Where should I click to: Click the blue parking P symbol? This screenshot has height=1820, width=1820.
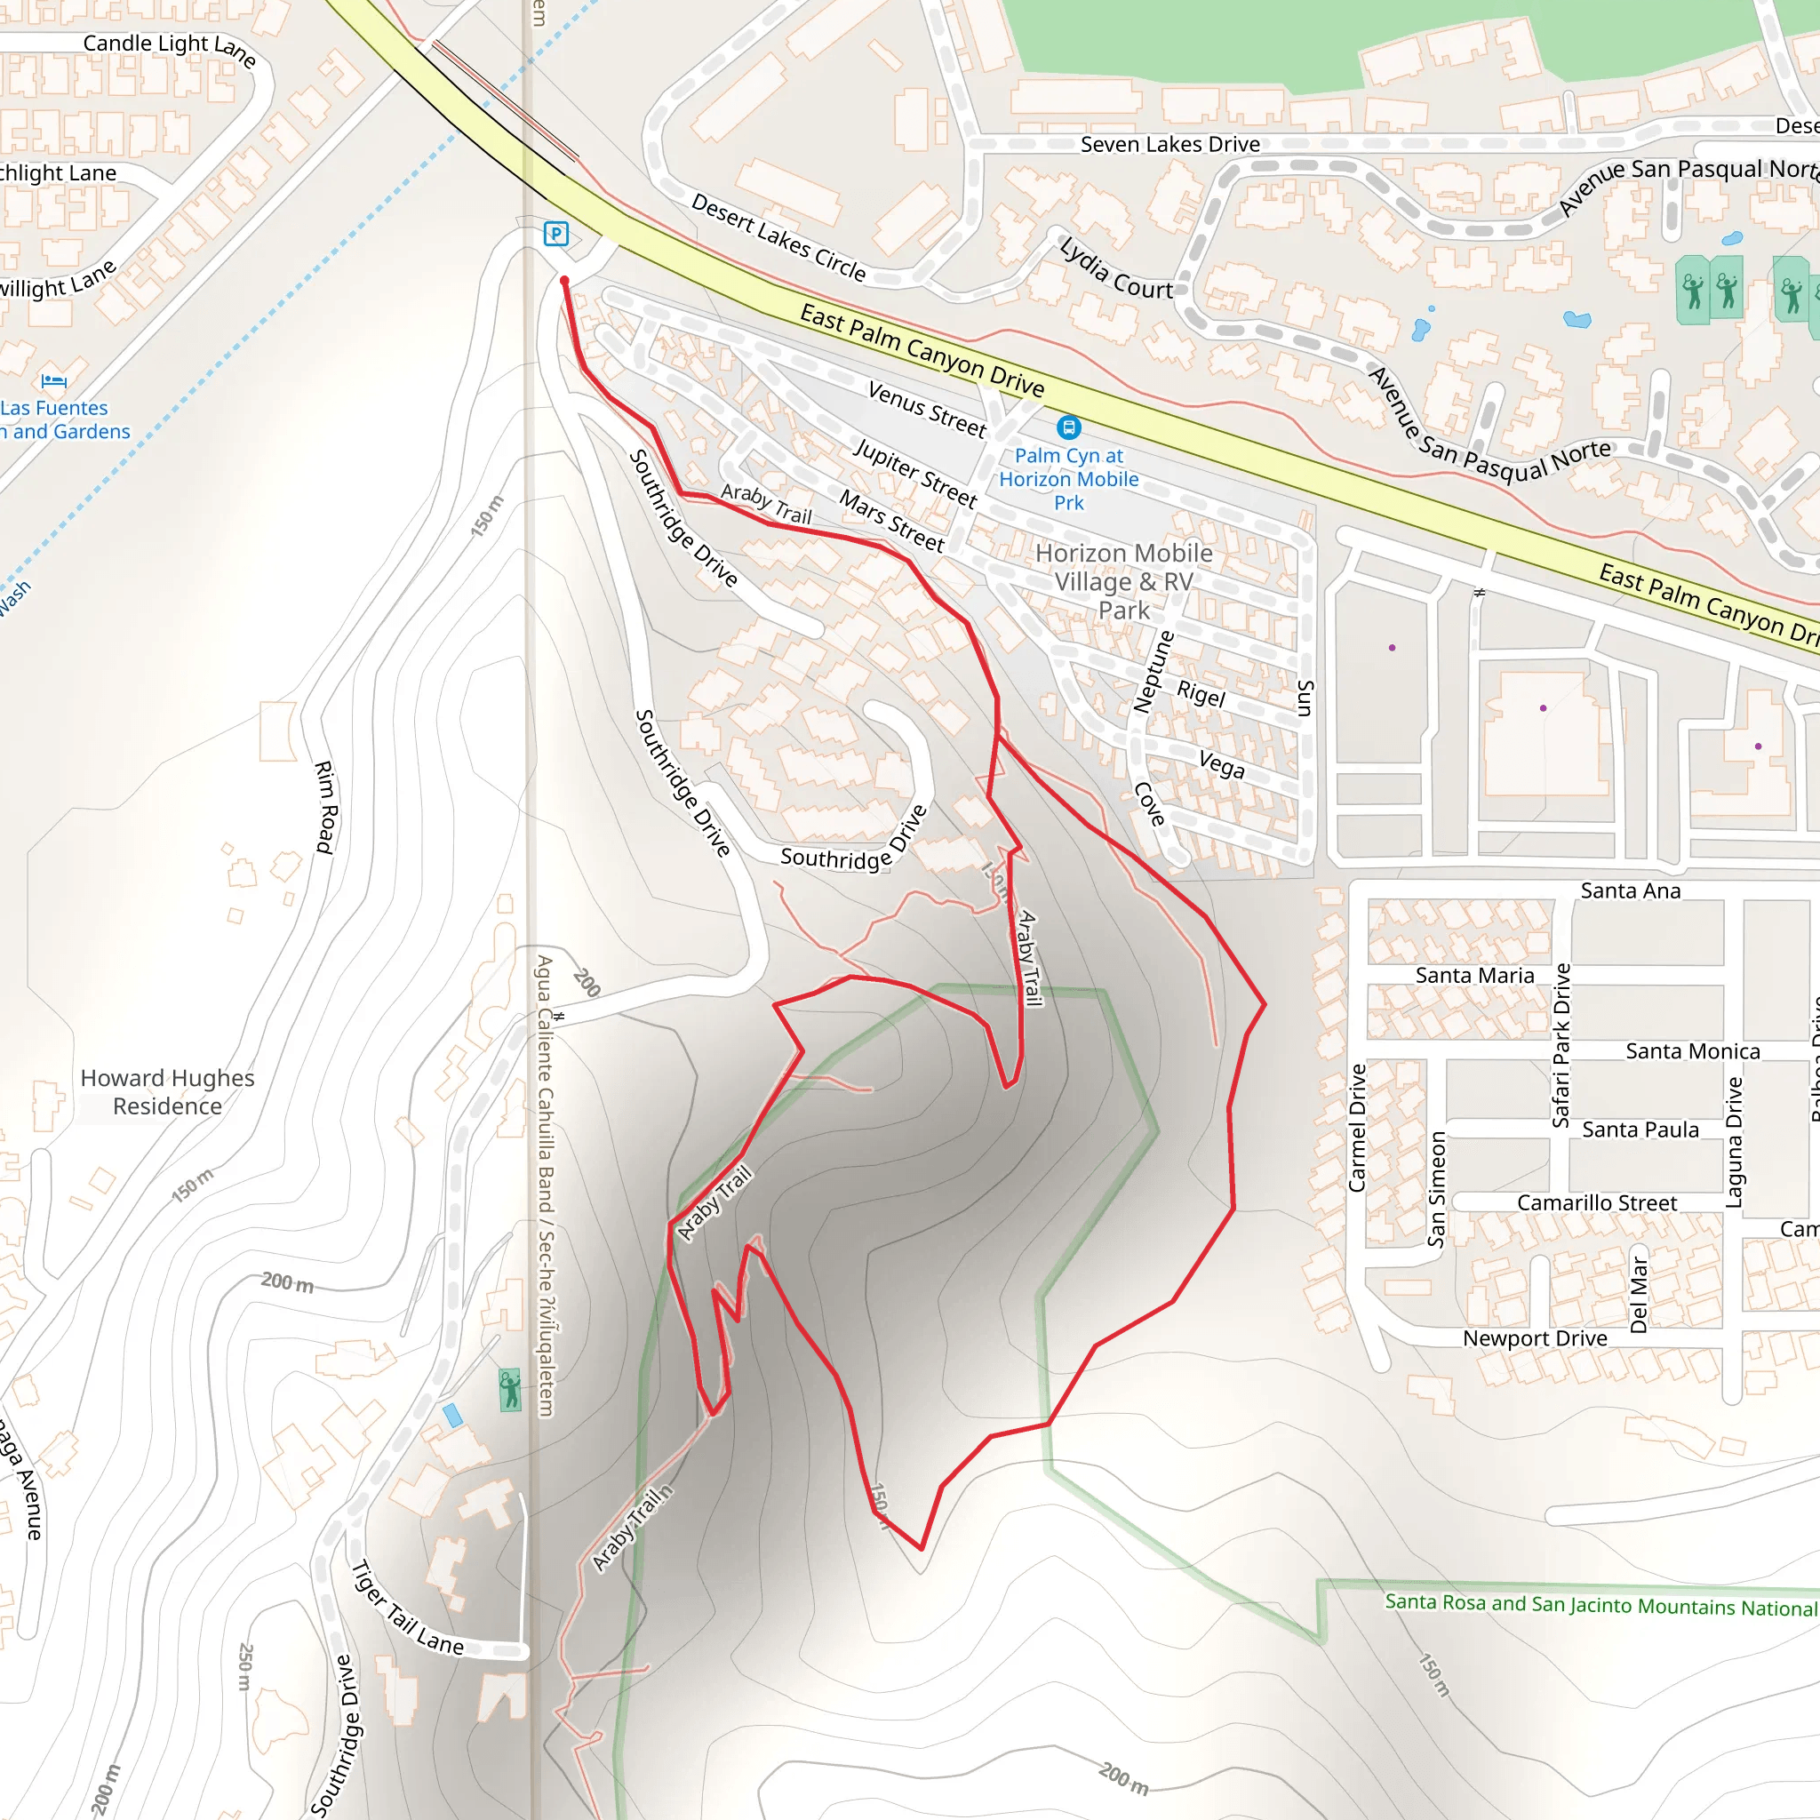coord(555,234)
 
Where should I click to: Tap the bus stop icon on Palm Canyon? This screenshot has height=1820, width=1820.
coord(1068,427)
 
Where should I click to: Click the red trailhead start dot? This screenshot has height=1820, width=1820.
coord(564,281)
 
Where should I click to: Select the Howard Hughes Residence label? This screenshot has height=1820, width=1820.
coord(168,1092)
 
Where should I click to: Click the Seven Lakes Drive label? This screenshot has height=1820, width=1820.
coord(1169,144)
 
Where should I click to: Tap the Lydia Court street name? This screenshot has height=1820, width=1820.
coord(1116,269)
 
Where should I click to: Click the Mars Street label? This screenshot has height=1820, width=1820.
coord(891,521)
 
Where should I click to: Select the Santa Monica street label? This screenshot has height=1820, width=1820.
coord(1692,1051)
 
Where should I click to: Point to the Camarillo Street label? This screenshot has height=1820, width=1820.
coord(1597,1203)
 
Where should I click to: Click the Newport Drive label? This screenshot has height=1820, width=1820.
coord(1535,1338)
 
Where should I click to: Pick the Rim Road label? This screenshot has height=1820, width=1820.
coord(325,807)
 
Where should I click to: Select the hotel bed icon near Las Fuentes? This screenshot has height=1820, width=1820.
coord(53,381)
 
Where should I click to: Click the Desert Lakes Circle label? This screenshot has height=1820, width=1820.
coord(778,237)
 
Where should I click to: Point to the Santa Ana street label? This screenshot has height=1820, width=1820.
coord(1630,890)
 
